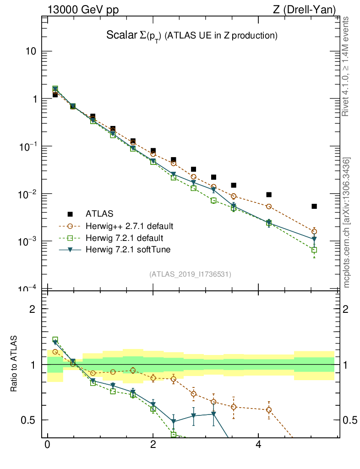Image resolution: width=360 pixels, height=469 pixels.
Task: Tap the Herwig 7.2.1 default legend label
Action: [124, 238]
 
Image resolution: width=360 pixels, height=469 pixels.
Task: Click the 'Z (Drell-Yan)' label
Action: [310, 10]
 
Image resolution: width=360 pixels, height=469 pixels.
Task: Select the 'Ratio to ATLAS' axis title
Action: [15, 364]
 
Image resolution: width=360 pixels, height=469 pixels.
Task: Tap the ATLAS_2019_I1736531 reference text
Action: [190, 274]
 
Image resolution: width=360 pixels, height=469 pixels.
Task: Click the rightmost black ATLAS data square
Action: [314, 206]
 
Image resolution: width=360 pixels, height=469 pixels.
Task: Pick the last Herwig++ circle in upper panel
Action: [314, 231]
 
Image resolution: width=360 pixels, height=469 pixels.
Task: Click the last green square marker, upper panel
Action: [314, 250]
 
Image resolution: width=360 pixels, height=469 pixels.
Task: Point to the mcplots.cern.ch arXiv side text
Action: [347, 223]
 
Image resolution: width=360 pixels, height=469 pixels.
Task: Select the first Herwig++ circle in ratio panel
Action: [55, 352]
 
